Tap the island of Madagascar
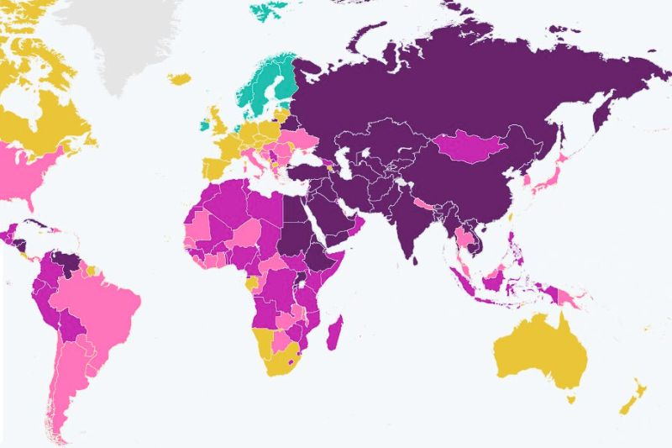[x=335, y=333]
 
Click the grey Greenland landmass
[x=126, y=34]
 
